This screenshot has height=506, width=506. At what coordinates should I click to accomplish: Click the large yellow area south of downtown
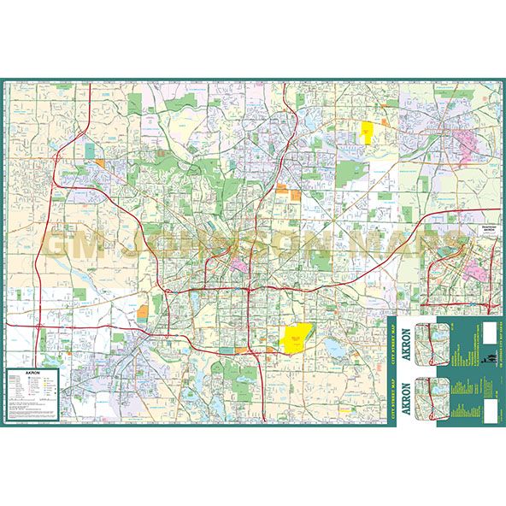coord(296,337)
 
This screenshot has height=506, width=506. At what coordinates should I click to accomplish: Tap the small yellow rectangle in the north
coord(368,132)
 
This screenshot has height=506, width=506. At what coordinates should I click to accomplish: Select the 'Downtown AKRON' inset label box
coord(489,240)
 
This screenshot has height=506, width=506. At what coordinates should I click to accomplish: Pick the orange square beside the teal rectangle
coord(100,162)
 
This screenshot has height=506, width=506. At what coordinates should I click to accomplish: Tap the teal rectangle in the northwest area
coord(90,151)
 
